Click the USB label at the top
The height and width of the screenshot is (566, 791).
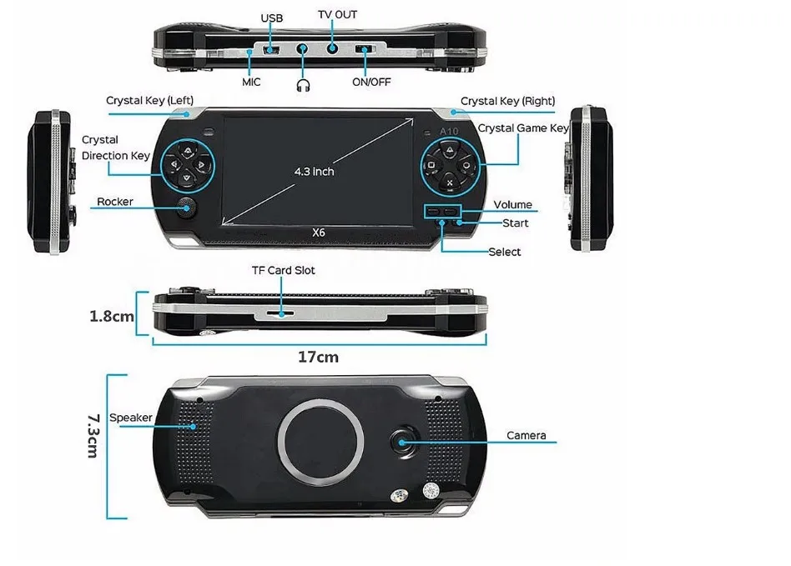click(x=272, y=18)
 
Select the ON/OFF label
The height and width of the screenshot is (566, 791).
click(x=371, y=82)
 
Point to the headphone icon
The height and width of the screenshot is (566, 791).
click(x=303, y=83)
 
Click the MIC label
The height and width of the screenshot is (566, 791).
click(x=252, y=82)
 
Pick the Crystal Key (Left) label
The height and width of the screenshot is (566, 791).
click(x=149, y=101)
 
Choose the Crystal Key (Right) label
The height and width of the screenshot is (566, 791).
click(x=507, y=101)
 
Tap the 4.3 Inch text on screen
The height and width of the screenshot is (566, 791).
click(x=314, y=171)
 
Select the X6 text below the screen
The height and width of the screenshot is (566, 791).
click(x=318, y=233)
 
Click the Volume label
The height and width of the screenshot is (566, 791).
click(x=512, y=204)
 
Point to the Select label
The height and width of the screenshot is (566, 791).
click(x=504, y=252)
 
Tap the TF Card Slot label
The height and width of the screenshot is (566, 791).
click(x=284, y=271)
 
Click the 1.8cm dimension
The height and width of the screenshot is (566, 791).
click(x=112, y=316)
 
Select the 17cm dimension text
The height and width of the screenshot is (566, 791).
click(x=319, y=357)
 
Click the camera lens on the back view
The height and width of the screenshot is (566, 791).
click(x=405, y=442)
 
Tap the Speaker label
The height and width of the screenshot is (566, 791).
click(x=131, y=418)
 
